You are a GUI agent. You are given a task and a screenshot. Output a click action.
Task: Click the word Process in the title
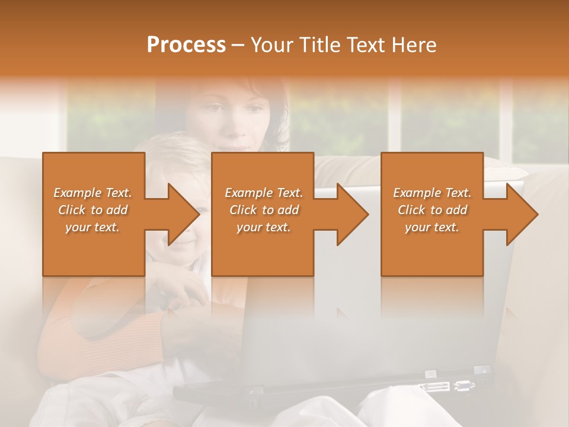click(x=186, y=45)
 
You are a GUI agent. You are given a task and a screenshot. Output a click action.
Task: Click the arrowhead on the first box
click(x=184, y=214)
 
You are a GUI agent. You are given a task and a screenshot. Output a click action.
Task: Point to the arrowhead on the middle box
click(x=353, y=214)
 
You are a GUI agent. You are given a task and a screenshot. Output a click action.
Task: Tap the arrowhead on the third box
click(x=522, y=214)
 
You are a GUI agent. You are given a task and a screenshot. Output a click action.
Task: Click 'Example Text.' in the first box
click(x=92, y=193)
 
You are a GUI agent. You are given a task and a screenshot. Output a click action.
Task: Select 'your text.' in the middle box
click(x=263, y=227)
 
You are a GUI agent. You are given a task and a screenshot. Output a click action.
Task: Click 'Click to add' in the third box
click(x=432, y=210)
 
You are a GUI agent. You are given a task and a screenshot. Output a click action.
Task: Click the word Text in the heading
click(x=362, y=45)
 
